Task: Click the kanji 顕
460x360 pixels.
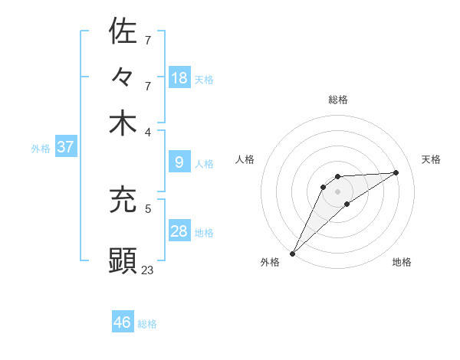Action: coord(123,260)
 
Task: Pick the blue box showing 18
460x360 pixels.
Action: coord(179,77)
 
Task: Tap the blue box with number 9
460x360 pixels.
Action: coord(179,162)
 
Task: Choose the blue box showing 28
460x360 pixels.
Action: coord(179,231)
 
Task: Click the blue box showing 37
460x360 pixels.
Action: coord(65,147)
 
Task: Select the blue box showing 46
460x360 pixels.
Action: coord(123,322)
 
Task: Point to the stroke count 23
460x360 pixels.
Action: coord(148,269)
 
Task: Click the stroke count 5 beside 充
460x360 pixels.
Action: coord(148,208)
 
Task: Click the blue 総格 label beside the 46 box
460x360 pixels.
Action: coord(147,324)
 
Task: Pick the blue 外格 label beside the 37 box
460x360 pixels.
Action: coord(41,149)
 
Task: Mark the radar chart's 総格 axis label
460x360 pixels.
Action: coord(337,100)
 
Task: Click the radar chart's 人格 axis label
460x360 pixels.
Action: coord(245,159)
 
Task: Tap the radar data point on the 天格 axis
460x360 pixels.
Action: coord(396,172)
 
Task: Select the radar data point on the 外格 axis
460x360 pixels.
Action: coord(292,253)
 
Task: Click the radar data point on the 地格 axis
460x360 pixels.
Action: coord(347,204)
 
